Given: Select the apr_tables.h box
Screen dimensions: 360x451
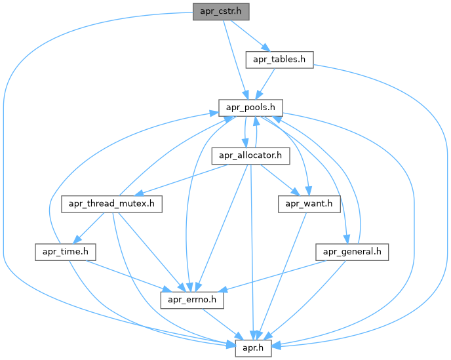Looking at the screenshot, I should click(279, 60).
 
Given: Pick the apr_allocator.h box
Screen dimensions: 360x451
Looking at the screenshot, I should click(250, 155).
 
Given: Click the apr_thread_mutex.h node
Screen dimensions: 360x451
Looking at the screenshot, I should click(113, 203).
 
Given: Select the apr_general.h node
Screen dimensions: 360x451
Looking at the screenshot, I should click(353, 251).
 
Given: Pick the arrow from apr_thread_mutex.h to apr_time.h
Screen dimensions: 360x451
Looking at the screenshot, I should click(89, 228).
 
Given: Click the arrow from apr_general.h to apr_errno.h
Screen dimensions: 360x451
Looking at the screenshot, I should click(275, 275).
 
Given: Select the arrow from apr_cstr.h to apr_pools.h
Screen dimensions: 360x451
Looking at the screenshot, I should click(235, 59).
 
